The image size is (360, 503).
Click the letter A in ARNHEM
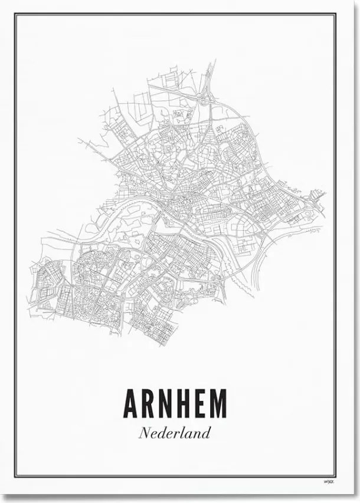click(x=132, y=404)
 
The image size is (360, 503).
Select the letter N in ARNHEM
click(x=167, y=404)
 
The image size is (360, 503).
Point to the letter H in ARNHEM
click(x=185, y=404)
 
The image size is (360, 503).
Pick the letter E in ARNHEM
click(x=201, y=404)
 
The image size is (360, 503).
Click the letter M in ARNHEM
click(x=218, y=404)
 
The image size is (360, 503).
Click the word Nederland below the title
click(x=175, y=433)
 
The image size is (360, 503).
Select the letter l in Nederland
click(x=185, y=432)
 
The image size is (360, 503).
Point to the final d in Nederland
click(x=206, y=433)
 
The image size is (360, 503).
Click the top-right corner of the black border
click(x=336, y=15)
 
